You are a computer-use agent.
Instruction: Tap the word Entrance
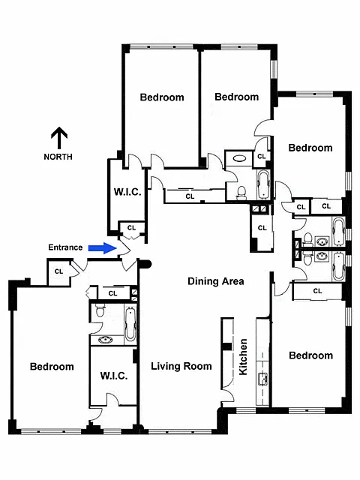click(65, 247)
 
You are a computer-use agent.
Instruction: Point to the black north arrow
click(59, 138)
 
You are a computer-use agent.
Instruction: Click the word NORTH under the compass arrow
click(58, 157)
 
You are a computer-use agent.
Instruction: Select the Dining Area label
click(216, 281)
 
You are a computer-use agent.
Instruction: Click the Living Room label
click(181, 366)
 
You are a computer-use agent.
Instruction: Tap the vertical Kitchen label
click(243, 357)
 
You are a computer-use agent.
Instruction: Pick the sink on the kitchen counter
click(263, 379)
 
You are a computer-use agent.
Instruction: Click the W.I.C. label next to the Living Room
click(114, 376)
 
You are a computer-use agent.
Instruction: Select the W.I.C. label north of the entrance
click(127, 192)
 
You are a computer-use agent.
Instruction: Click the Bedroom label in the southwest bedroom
click(52, 367)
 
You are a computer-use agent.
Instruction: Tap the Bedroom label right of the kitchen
click(311, 355)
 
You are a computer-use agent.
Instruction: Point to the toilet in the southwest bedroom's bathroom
click(100, 310)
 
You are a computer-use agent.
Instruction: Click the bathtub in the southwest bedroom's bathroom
click(130, 324)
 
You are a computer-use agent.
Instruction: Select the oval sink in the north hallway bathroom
click(239, 158)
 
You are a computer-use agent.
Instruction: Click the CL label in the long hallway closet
click(190, 196)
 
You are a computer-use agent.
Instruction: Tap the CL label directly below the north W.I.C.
click(132, 228)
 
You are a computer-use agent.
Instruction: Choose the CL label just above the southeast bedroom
click(317, 291)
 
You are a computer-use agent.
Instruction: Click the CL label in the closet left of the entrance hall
click(58, 271)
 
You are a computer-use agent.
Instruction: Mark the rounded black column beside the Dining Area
click(145, 264)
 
